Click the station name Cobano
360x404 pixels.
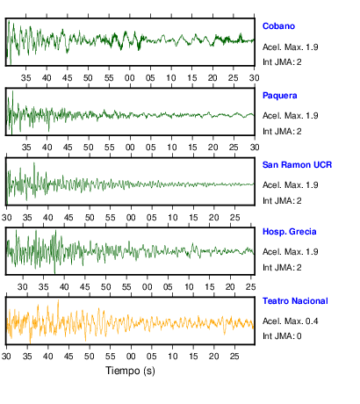point(278,26)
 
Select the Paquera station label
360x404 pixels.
point(279,96)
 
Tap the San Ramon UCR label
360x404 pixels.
point(297,165)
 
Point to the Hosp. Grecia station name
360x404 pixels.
point(289,232)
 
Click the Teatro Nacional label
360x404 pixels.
point(295,301)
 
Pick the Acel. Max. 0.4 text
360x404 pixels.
point(290,321)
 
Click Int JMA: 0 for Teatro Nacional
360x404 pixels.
point(282,335)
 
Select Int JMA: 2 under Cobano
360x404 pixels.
point(282,62)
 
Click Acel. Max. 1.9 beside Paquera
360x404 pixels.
point(290,116)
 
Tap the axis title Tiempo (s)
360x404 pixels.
point(130,371)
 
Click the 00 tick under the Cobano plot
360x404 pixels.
point(129,78)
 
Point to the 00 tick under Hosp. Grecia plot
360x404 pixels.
point(147,287)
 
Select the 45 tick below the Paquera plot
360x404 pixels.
point(68,147)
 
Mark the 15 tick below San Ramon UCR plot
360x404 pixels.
point(193,218)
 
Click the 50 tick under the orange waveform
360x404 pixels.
point(90,357)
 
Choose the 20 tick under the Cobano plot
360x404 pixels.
point(212,78)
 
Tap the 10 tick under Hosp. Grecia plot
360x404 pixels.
point(189,287)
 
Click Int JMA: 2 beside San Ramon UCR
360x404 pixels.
point(282,201)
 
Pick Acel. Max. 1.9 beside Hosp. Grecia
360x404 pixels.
point(290,252)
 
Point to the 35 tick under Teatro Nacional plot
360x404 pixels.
point(27,357)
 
